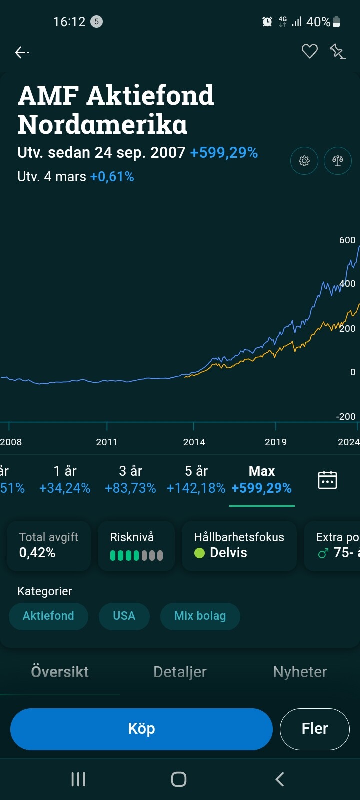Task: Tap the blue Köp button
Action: click(141, 729)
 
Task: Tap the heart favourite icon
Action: click(310, 51)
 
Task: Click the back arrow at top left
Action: click(21, 52)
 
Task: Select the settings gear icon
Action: click(304, 161)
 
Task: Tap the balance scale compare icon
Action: click(338, 161)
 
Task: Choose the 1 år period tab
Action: click(65, 479)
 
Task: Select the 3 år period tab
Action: click(130, 479)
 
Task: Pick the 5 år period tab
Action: click(196, 479)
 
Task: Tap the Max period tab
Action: click(262, 479)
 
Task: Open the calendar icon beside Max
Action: click(327, 480)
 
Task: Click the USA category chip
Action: click(124, 616)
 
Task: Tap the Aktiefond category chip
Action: click(48, 616)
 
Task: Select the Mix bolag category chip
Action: click(200, 616)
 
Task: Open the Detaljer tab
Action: click(180, 672)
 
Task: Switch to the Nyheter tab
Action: click(300, 672)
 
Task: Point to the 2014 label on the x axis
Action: click(194, 442)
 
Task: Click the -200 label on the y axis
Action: click(346, 416)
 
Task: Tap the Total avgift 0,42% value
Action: click(37, 552)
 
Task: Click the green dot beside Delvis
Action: click(199, 553)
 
